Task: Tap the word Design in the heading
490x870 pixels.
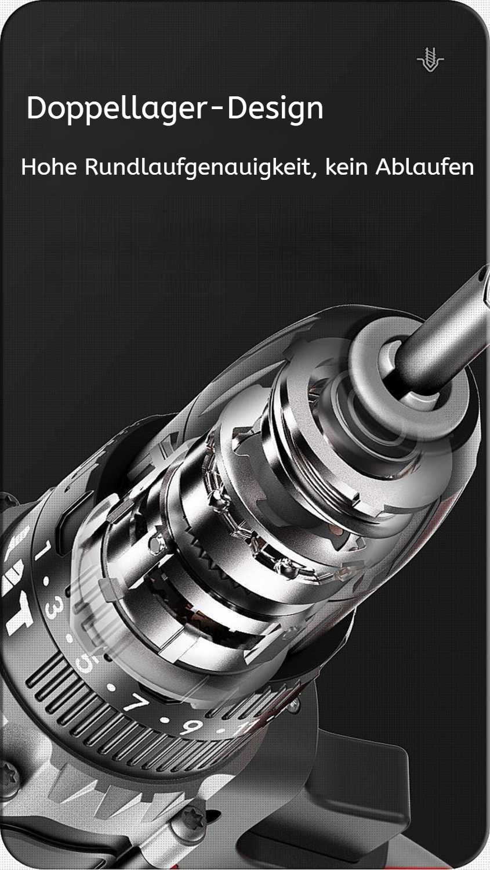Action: [275, 109]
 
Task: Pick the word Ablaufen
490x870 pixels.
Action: [425, 167]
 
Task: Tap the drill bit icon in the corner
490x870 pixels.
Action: [430, 59]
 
